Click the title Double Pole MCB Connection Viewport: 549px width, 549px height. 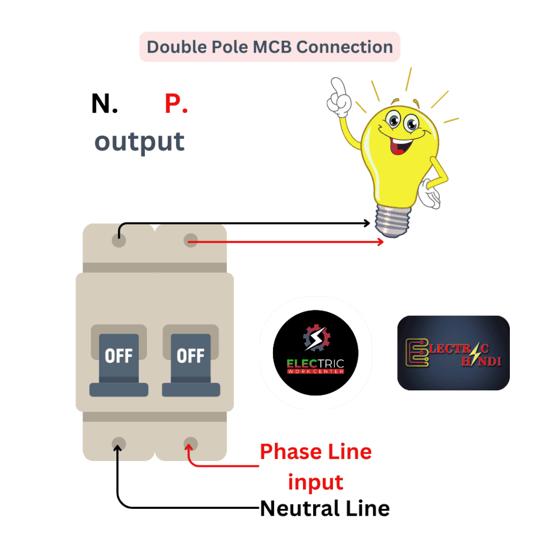click(x=270, y=47)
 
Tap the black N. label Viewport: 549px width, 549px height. click(x=104, y=103)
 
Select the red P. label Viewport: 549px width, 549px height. click(x=176, y=103)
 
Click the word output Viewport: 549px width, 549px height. click(x=140, y=142)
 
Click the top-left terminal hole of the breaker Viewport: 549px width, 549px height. click(x=119, y=240)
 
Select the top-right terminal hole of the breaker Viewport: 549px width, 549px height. click(x=190, y=240)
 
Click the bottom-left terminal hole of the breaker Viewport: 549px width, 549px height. click(x=118, y=443)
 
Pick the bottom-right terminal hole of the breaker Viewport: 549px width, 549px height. click(x=190, y=444)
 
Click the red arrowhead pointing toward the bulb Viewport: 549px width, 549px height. click(x=381, y=242)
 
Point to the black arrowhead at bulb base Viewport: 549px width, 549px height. click(x=367, y=224)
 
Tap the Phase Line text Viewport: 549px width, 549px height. click(x=316, y=452)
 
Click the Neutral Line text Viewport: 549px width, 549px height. click(x=324, y=508)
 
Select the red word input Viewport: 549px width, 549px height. click(x=316, y=482)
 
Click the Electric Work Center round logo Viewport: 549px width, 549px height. click(x=315, y=352)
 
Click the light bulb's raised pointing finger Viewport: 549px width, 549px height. click(x=338, y=88)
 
